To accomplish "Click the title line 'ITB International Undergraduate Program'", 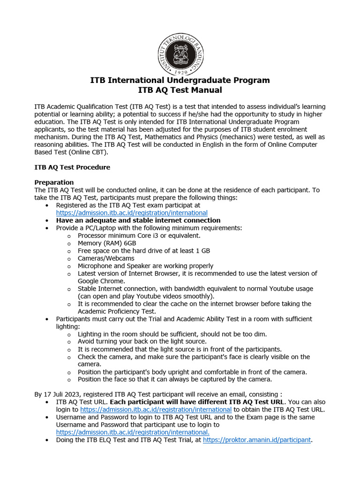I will pyautogui.click(x=180, y=80).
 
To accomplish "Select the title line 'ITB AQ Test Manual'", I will pyautogui.click(x=180, y=90).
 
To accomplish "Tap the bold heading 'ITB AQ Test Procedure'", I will pyautogui.click(x=72, y=167).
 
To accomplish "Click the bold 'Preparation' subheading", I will pyautogui.click(x=54, y=182).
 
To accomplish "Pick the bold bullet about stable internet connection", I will pyautogui.click(x=138, y=220).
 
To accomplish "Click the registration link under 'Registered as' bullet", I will pyautogui.click(x=131, y=213).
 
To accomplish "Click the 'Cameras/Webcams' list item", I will pyautogui.click(x=106, y=258).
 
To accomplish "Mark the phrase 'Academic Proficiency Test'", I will pyautogui.click(x=116, y=311).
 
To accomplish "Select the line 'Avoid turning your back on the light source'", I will pyautogui.click(x=142, y=342).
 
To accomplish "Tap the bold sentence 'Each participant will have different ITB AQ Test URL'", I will pyautogui.click(x=197, y=402).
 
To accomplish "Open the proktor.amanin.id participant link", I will pyautogui.click(x=256, y=440).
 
